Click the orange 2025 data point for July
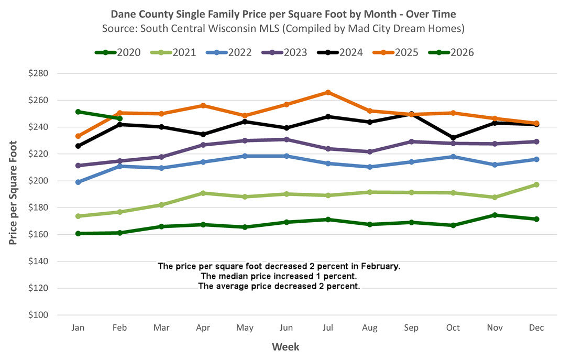[328, 92]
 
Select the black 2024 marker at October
[453, 138]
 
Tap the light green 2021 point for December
[536, 184]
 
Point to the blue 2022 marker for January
[79, 182]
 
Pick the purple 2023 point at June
[287, 139]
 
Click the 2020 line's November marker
[494, 215]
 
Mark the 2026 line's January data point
[79, 112]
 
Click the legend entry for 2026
[451, 52]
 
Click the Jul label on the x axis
[328, 328]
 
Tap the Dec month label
[536, 328]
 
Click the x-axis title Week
[285, 347]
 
